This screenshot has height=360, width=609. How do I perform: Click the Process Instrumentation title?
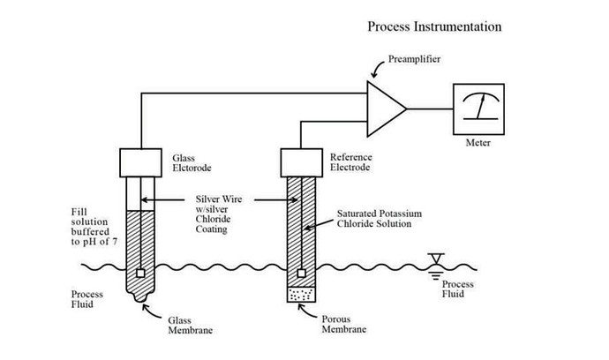point(434,26)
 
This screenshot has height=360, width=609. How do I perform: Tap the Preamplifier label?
point(414,59)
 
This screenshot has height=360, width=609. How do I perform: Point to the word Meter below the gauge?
point(478,143)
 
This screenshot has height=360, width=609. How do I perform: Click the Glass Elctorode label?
point(192,163)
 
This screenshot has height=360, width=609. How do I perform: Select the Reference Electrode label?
point(350,162)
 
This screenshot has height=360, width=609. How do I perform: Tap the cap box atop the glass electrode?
point(140,162)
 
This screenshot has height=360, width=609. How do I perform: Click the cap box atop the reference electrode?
point(301,162)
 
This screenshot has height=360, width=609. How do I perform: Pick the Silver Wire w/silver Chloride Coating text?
point(218,214)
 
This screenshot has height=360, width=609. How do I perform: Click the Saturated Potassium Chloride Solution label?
point(379,219)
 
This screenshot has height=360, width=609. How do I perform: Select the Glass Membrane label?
point(190,326)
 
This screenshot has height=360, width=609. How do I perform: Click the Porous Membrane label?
point(343,325)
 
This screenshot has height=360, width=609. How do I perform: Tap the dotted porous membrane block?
point(301,295)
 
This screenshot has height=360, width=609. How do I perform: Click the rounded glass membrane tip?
point(140,296)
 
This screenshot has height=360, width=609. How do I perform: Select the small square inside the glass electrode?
point(140,274)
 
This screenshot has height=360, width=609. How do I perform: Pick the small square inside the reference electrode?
point(301,274)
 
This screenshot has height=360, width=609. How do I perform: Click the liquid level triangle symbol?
point(436,259)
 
